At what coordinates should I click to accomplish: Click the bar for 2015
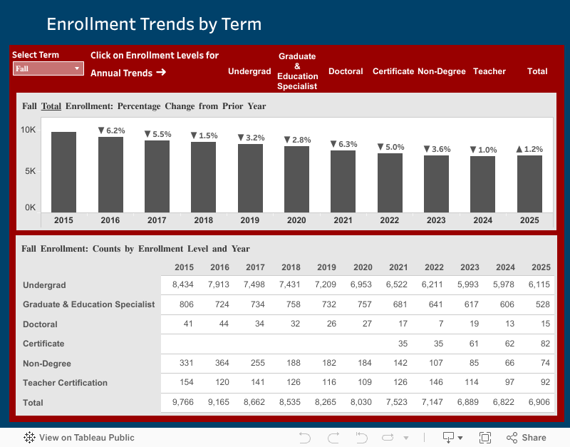[63, 171]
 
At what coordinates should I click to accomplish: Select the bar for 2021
[343, 181]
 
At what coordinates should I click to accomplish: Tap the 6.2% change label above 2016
[111, 130]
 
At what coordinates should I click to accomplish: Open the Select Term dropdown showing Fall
[48, 69]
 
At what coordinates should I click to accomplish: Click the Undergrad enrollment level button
[249, 71]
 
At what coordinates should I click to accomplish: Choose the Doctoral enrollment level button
[346, 71]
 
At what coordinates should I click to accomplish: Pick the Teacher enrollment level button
[489, 71]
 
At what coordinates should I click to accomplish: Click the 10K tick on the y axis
[28, 130]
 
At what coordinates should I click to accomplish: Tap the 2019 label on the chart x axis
[249, 220]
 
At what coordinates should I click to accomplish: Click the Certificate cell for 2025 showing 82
[541, 344]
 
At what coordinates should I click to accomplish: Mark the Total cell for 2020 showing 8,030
[362, 403]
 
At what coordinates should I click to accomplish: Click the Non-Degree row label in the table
[47, 364]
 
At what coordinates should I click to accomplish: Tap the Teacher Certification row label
[65, 383]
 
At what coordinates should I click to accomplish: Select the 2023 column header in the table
[470, 267]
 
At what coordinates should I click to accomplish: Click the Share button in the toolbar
[527, 438]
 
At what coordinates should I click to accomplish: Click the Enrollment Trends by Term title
[154, 24]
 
